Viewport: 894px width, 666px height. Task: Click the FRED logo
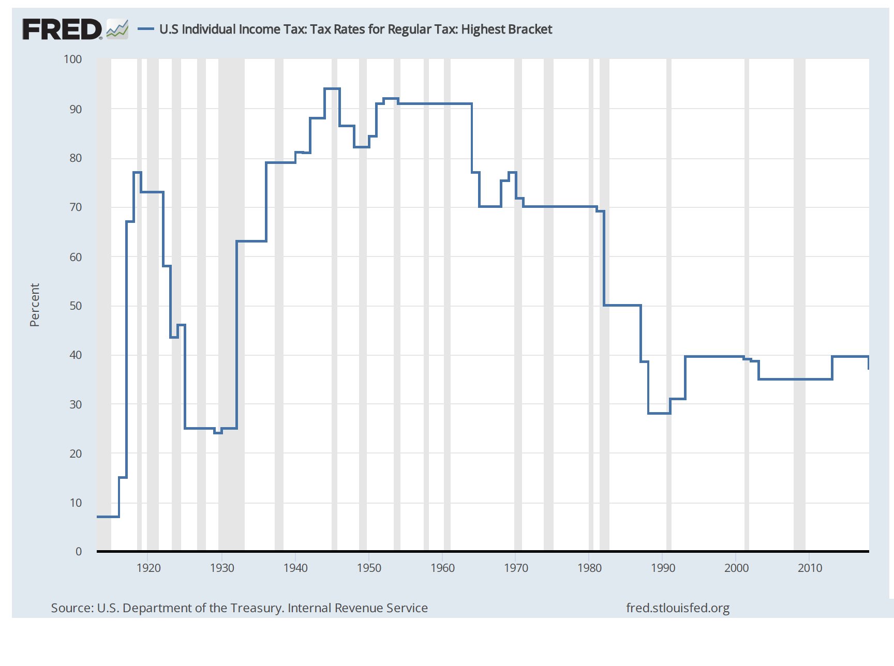62,29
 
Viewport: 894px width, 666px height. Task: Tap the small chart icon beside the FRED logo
117,29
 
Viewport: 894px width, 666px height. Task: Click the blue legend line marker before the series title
146,29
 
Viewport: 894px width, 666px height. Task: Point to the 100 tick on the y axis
73,59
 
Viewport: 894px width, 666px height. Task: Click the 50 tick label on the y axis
76,306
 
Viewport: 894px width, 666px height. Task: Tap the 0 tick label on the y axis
79,551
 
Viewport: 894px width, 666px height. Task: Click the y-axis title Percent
34,305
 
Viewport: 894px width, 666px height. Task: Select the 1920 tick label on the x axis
148,568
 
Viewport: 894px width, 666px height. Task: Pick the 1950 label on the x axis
369,568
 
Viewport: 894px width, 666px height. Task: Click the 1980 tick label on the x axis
589,568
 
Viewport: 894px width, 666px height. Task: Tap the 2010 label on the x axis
810,568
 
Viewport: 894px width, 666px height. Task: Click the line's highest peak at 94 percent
332,89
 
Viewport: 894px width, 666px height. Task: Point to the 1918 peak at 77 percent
137,172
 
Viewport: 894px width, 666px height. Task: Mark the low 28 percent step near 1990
659,413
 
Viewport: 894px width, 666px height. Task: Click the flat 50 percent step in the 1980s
622,305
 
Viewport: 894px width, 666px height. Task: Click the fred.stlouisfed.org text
678,608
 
